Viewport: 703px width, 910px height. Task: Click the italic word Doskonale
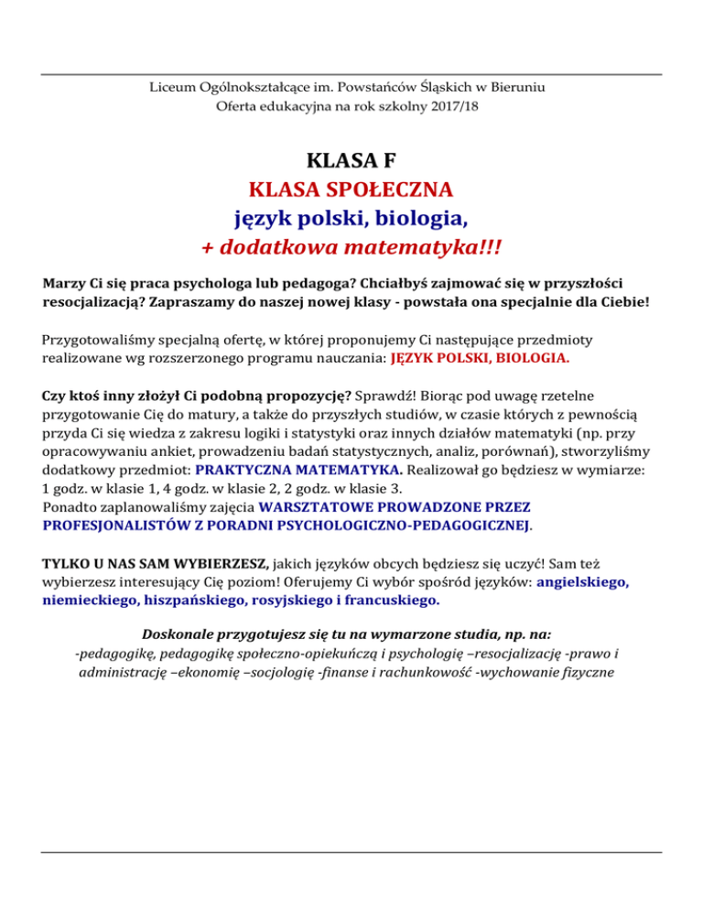click(182, 634)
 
